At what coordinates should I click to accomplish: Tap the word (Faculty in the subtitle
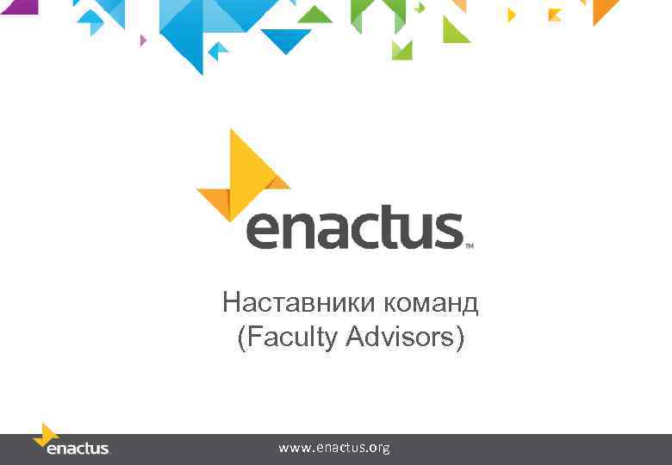point(287,338)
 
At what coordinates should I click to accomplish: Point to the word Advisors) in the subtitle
point(405,338)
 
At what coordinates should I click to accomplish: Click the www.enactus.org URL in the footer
point(334,448)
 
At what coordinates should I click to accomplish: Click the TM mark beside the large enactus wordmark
point(470,245)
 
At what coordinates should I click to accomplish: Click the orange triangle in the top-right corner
point(603,9)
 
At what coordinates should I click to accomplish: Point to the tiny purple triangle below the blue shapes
point(143,40)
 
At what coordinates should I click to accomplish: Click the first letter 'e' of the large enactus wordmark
point(264,231)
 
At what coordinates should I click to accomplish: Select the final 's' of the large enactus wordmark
point(448,231)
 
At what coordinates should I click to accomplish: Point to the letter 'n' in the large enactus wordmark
point(298,231)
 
